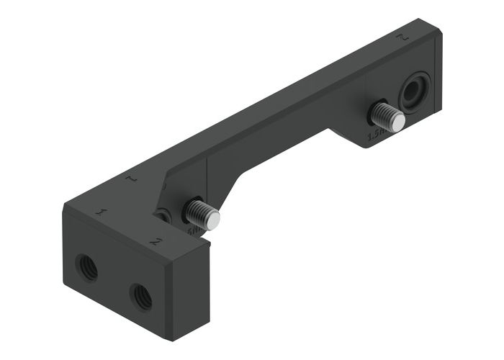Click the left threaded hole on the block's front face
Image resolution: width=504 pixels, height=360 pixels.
[86, 269]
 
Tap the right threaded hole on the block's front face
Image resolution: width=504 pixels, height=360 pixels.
[140, 295]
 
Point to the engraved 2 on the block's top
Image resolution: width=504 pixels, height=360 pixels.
[155, 240]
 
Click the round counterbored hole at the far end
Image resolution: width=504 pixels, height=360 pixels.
[415, 92]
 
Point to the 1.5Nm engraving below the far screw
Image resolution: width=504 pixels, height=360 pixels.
[376, 135]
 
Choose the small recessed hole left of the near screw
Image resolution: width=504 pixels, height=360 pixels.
[165, 215]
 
